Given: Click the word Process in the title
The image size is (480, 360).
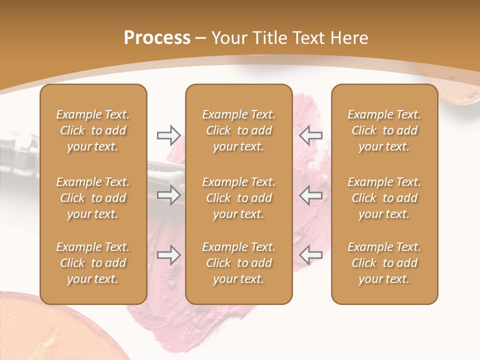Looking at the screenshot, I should click(157, 38).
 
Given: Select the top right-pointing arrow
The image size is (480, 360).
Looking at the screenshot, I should click(168, 135).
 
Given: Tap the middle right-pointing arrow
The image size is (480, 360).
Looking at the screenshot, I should click(168, 195).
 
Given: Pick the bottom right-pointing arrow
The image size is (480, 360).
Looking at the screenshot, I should click(168, 255).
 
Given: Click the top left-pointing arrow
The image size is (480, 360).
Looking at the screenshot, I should click(311, 135).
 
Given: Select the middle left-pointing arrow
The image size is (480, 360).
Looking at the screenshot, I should click(311, 195).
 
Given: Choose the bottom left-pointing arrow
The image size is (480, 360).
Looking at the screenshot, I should click(311, 255).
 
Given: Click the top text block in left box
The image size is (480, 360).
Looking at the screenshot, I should click(93, 130).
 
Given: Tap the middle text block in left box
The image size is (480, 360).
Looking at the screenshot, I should click(93, 198).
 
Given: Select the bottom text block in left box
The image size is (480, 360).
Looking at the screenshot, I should click(93, 263).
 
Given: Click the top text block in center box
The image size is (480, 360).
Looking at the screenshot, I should click(238, 130).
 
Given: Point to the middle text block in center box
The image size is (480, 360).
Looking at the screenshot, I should click(238, 198).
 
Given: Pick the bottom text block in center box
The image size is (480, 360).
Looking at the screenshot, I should click(238, 263).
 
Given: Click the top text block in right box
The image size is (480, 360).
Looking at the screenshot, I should click(384, 130).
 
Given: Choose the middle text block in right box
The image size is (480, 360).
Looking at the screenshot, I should click(384, 198).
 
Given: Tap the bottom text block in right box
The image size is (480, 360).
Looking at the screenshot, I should click(384, 263).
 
